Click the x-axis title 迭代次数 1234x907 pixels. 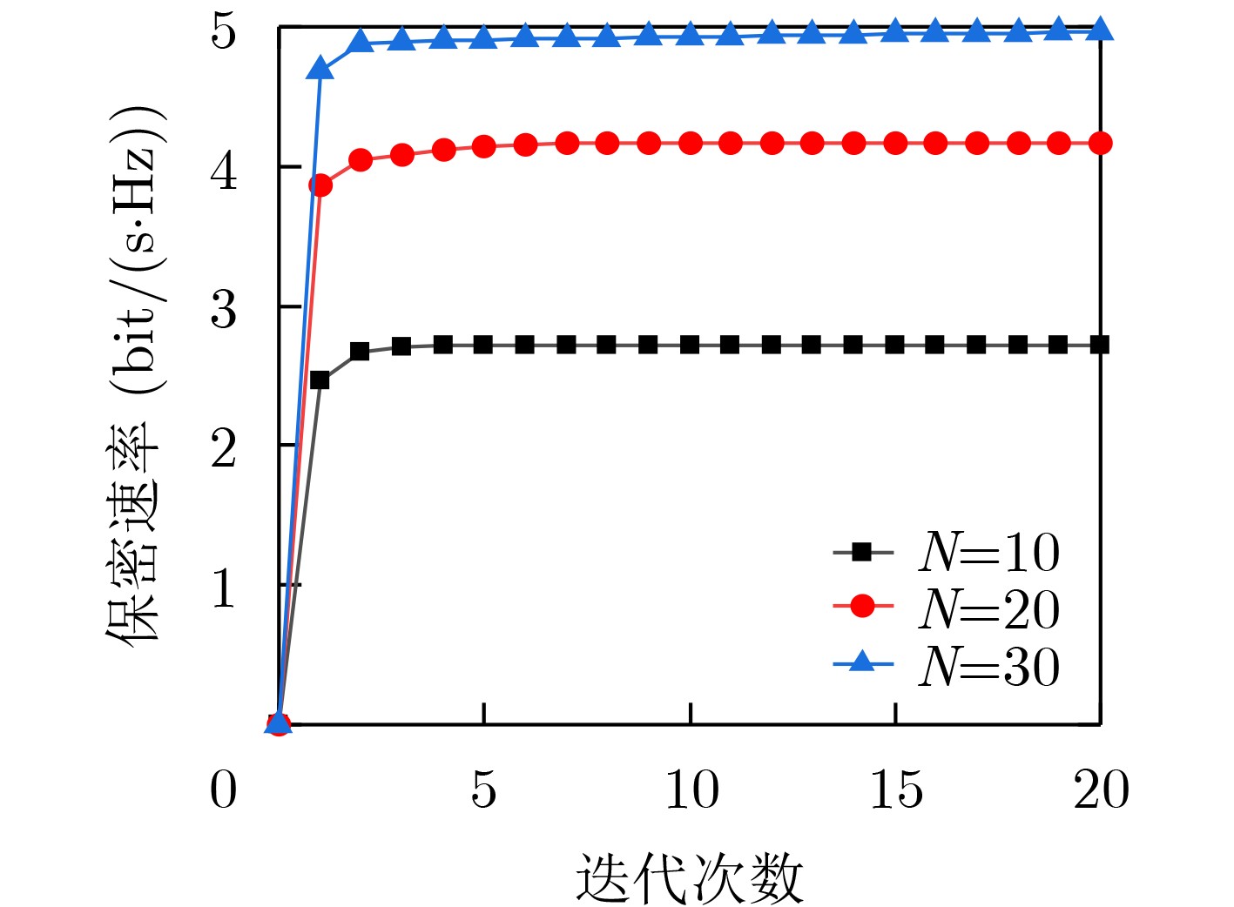click(x=688, y=877)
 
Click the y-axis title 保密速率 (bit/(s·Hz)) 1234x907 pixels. click(x=135, y=374)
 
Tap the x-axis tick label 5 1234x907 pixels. click(x=483, y=789)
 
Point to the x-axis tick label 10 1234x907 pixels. click(x=691, y=789)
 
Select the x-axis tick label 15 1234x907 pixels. click(x=896, y=789)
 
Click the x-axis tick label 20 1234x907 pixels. click(x=1101, y=789)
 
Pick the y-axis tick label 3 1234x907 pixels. click(x=224, y=309)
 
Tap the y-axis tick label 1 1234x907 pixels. click(x=224, y=588)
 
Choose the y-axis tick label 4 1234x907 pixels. click(x=224, y=170)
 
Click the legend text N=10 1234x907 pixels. click(x=989, y=552)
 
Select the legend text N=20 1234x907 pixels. click(x=989, y=608)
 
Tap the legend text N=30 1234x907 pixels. click(x=989, y=667)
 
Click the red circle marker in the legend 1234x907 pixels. click(x=862, y=606)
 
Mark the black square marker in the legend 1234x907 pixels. click(x=862, y=551)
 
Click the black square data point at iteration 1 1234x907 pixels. click(x=320, y=380)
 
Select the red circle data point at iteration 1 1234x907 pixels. click(x=320, y=185)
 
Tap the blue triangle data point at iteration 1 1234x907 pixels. click(x=320, y=68)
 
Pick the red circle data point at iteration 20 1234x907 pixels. click(x=1101, y=144)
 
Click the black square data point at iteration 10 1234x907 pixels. click(x=690, y=345)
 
